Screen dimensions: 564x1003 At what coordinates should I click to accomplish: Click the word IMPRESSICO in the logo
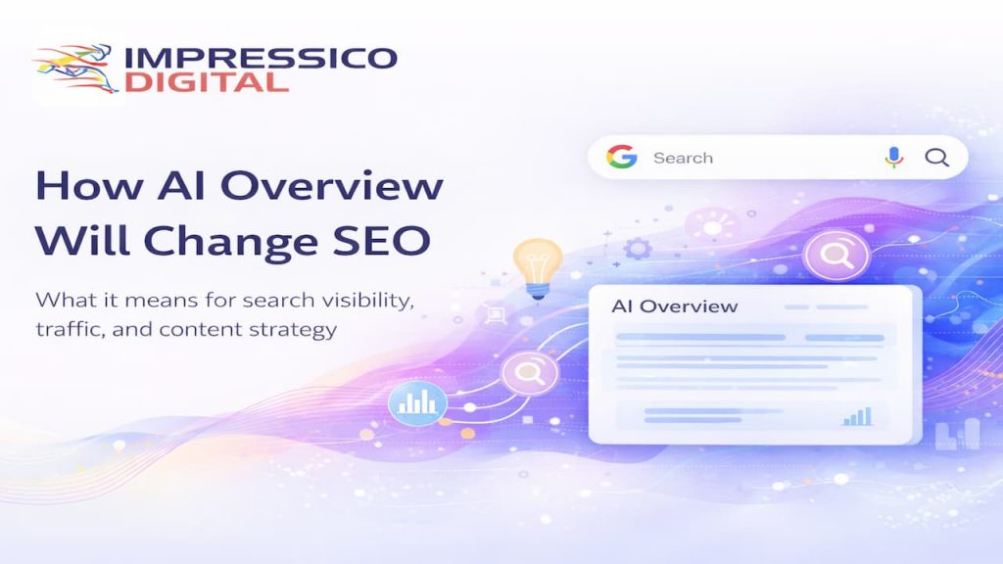tap(261, 57)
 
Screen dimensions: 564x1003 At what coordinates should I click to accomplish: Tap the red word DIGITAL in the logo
tap(205, 81)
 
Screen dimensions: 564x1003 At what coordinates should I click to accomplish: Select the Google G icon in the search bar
tap(619, 158)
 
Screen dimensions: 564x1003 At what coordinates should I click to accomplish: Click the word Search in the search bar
tap(683, 158)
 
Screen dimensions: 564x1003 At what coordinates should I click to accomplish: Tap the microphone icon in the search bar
tap(893, 158)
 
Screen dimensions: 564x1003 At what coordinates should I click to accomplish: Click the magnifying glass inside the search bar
tap(937, 158)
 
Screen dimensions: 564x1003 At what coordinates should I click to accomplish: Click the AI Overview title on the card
tap(674, 306)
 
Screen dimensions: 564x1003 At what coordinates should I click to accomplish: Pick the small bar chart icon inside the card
tap(856, 417)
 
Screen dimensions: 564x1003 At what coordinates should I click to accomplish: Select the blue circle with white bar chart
tap(417, 401)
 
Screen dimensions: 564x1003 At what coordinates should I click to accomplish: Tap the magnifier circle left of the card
tap(530, 372)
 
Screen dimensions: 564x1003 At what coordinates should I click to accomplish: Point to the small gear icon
tap(638, 248)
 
